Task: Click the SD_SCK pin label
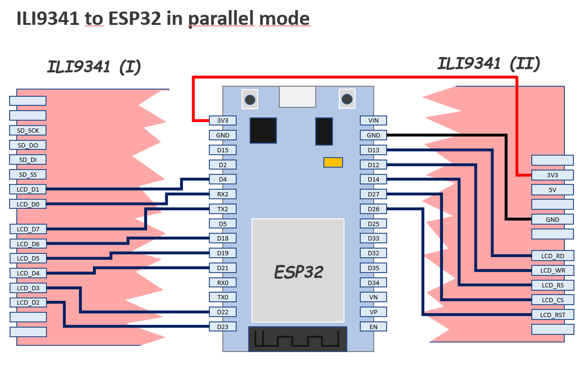(x=28, y=130)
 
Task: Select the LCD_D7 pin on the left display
(x=28, y=229)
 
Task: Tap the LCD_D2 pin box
(x=28, y=302)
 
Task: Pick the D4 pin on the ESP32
(x=223, y=179)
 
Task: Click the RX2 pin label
(x=223, y=194)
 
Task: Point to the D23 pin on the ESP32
(x=223, y=327)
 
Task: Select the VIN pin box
(x=373, y=120)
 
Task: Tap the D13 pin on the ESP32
(x=373, y=150)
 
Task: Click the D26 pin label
(x=373, y=209)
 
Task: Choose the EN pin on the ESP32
(x=373, y=327)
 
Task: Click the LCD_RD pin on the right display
(x=552, y=256)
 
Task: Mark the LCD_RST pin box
(x=552, y=315)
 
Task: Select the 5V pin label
(x=552, y=190)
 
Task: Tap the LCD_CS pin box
(x=552, y=300)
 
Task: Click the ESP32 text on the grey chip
(x=298, y=272)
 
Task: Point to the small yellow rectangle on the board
(x=333, y=162)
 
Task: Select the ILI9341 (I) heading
(x=94, y=67)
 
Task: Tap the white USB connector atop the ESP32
(x=298, y=96)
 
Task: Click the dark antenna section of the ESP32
(x=298, y=339)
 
